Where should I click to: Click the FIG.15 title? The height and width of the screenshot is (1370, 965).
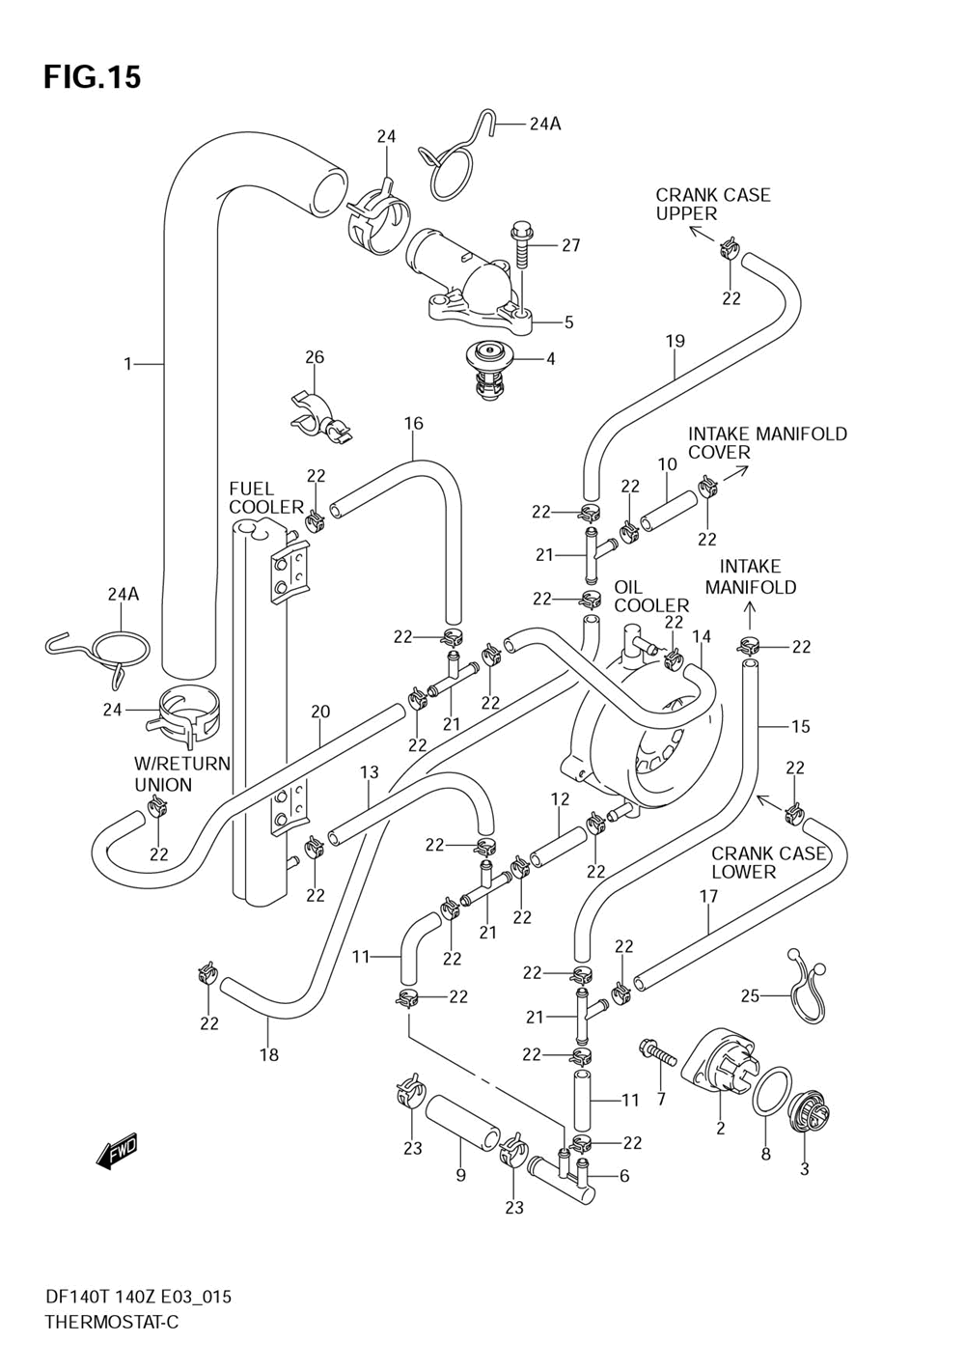coord(92,77)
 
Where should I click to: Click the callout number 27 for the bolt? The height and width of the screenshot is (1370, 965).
coord(570,245)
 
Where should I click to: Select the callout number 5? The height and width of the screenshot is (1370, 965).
coord(568,322)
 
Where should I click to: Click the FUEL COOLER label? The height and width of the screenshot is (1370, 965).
coord(264,497)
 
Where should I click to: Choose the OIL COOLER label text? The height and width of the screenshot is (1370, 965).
coord(651,596)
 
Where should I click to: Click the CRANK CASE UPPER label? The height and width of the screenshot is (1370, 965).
coord(712,204)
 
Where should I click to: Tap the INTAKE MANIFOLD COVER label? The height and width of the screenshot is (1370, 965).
coord(766,442)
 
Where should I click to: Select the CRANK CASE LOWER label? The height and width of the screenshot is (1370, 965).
coord(768,862)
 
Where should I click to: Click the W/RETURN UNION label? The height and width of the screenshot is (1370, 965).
coord(181,774)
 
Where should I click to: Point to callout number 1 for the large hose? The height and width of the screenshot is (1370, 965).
coord(127,364)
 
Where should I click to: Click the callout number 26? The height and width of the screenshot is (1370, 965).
coord(315,357)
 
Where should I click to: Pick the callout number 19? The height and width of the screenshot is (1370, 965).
coord(675,340)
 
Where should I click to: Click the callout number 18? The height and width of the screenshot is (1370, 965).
coord(269,1055)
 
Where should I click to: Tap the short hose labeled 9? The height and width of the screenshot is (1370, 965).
coord(462,1121)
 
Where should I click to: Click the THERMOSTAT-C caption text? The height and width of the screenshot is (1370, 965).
coord(111,1322)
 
